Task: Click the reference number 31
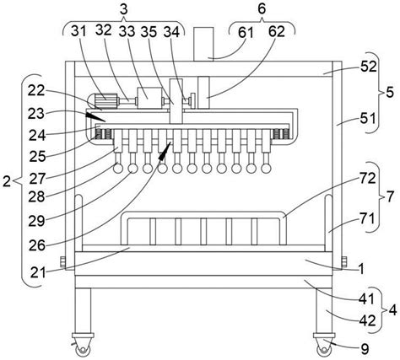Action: tap(78, 31)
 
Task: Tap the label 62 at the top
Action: tap(277, 32)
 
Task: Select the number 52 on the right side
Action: tap(369, 67)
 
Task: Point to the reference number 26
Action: tap(37, 245)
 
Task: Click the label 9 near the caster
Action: tap(365, 349)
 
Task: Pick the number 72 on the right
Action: tap(368, 179)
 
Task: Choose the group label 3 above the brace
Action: tap(124, 9)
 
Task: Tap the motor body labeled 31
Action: tap(103, 100)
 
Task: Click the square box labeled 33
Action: tap(149, 98)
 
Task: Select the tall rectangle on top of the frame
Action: tap(203, 44)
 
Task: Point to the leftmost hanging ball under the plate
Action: tap(118, 169)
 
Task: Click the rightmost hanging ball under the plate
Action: tap(265, 169)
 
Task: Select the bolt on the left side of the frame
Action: tap(63, 262)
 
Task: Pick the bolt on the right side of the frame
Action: tap(344, 262)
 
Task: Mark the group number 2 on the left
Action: tap(7, 182)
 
